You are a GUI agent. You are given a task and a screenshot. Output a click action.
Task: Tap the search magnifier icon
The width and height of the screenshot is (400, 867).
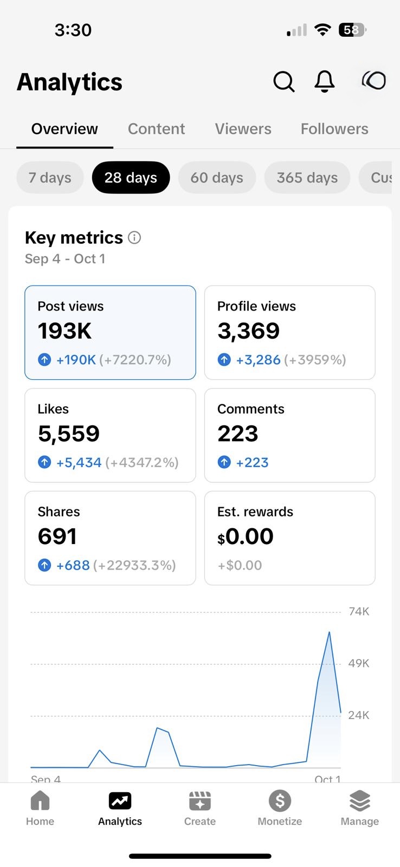(283, 82)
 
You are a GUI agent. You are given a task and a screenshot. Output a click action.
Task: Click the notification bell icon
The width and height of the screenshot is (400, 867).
(325, 82)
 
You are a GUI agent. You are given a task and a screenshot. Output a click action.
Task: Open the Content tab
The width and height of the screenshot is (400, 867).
(156, 129)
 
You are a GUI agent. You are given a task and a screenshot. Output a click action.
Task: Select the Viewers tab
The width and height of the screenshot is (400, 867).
(243, 129)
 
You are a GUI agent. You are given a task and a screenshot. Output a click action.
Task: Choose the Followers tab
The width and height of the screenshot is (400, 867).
(334, 129)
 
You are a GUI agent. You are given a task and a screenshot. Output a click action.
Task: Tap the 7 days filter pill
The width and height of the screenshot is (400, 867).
(50, 178)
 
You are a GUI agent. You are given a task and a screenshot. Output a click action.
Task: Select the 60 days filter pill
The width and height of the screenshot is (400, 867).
(217, 178)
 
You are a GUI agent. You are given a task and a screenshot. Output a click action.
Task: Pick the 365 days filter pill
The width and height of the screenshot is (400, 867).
(307, 178)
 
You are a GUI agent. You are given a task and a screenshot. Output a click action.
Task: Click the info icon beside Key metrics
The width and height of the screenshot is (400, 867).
(134, 237)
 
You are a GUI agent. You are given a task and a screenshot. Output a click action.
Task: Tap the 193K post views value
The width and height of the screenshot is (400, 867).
(64, 331)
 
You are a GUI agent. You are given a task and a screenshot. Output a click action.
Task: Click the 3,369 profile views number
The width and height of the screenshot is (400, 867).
(248, 331)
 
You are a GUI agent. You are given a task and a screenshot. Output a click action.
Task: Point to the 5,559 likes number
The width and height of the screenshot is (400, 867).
(69, 433)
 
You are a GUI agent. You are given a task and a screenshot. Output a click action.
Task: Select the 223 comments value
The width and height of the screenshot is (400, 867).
(237, 433)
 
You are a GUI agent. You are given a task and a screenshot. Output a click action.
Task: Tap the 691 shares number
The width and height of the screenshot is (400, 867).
(57, 536)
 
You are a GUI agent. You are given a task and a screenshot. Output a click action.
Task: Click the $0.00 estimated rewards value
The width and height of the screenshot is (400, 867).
(246, 536)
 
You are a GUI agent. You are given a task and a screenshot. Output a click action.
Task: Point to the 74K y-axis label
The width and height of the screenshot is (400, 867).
(359, 612)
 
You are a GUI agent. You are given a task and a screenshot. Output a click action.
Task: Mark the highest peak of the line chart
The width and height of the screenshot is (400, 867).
(329, 632)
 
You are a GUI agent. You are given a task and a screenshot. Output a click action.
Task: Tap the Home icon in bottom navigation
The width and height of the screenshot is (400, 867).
(40, 801)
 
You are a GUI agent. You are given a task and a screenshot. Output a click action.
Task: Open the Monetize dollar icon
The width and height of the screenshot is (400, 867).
(280, 801)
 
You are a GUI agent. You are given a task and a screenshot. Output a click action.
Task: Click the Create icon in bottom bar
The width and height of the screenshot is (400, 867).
(200, 801)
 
